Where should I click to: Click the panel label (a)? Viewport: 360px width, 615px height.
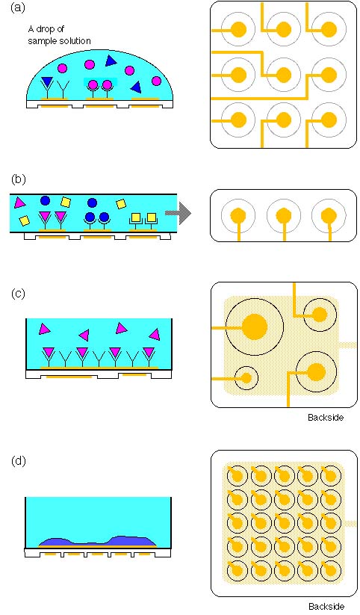pyautogui.click(x=18, y=7)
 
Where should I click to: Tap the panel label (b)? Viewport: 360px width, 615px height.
pyautogui.click(x=18, y=179)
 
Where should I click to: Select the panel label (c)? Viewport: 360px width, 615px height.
pyautogui.click(x=18, y=294)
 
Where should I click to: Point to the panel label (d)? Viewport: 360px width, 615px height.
pyautogui.click(x=18, y=460)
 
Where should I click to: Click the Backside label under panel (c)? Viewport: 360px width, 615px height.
pyautogui.click(x=326, y=417)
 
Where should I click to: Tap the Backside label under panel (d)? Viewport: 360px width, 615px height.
pyautogui.click(x=326, y=606)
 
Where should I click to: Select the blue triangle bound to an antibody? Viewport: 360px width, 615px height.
pyautogui.click(x=46, y=81)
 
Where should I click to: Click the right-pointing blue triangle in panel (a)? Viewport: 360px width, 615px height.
pyautogui.click(x=111, y=61)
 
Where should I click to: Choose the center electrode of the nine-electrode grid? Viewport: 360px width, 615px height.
pyautogui.click(x=284, y=74)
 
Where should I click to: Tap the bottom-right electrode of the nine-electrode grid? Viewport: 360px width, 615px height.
pyautogui.click(x=329, y=120)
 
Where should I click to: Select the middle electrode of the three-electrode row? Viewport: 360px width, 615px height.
pyautogui.click(x=284, y=215)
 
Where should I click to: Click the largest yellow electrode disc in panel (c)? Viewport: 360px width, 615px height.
pyautogui.click(x=255, y=327)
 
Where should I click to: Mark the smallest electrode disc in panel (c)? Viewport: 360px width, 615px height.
pyautogui.click(x=246, y=378)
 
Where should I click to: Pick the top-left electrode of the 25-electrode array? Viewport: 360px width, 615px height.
pyautogui.click(x=238, y=476)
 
